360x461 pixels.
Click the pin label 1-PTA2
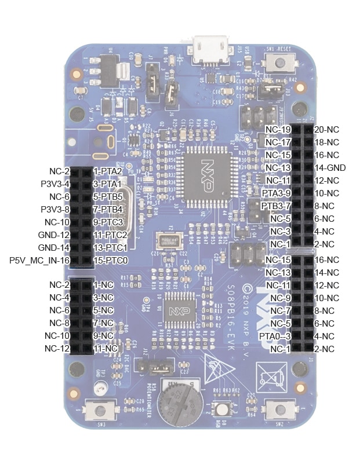click(x=107, y=171)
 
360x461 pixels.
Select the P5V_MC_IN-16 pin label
click(x=40, y=261)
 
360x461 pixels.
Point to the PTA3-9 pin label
click(x=276, y=193)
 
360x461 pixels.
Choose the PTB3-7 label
click(x=276, y=206)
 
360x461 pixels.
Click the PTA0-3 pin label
click(x=274, y=336)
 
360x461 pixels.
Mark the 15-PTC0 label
click(x=110, y=261)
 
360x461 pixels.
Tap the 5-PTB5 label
click(x=107, y=197)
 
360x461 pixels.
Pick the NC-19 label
click(x=278, y=129)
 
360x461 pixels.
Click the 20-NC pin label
click(x=326, y=129)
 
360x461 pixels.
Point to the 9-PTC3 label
click(x=107, y=222)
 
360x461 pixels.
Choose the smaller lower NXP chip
click(x=179, y=311)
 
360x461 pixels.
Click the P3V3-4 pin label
click(x=56, y=184)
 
